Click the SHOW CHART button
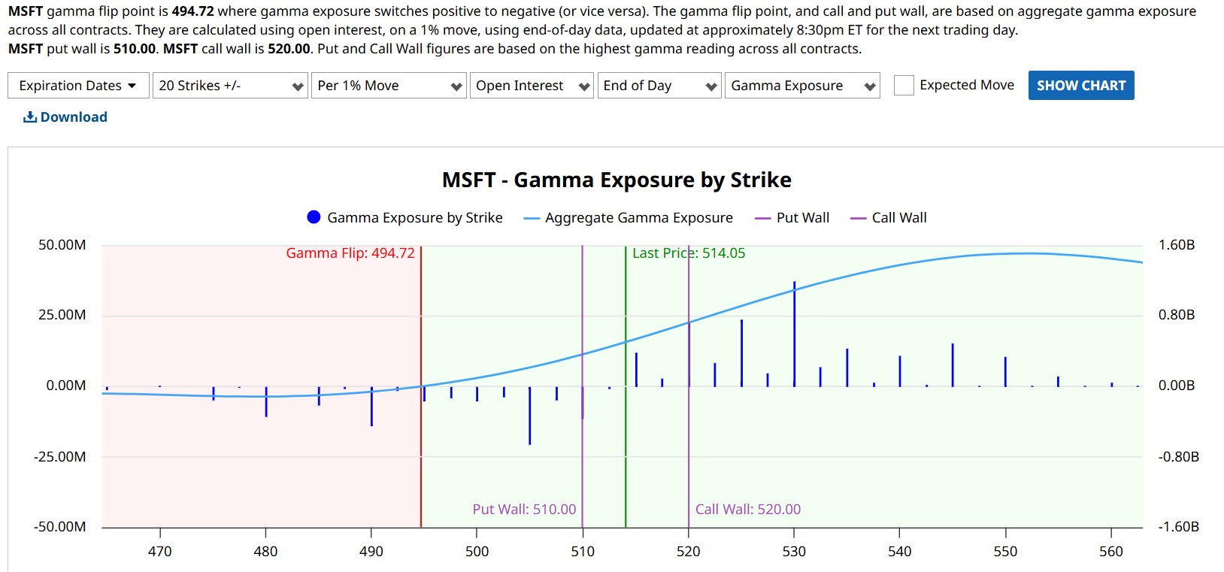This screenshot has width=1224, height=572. pyautogui.click(x=1080, y=86)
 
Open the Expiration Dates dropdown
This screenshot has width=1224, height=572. pyautogui.click(x=78, y=86)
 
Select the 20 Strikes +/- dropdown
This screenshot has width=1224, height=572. pyautogui.click(x=230, y=86)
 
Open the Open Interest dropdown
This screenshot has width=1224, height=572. pyautogui.click(x=532, y=86)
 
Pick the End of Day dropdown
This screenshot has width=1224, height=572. pyautogui.click(x=659, y=86)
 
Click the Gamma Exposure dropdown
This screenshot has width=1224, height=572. pyautogui.click(x=801, y=86)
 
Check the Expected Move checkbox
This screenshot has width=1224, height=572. pyautogui.click(x=904, y=86)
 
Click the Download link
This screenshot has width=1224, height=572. pyautogui.click(x=65, y=117)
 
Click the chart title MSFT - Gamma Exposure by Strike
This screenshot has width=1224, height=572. pyautogui.click(x=617, y=180)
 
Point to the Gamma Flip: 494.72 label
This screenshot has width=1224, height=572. pyautogui.click(x=350, y=253)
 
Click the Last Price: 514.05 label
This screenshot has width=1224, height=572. pyautogui.click(x=689, y=253)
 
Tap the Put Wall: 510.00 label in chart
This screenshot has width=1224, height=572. pyautogui.click(x=524, y=510)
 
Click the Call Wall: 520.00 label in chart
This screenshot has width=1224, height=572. pyautogui.click(x=748, y=510)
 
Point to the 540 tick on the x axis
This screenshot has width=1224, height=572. pyautogui.click(x=899, y=552)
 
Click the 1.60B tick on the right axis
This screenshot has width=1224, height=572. pyautogui.click(x=1177, y=245)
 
